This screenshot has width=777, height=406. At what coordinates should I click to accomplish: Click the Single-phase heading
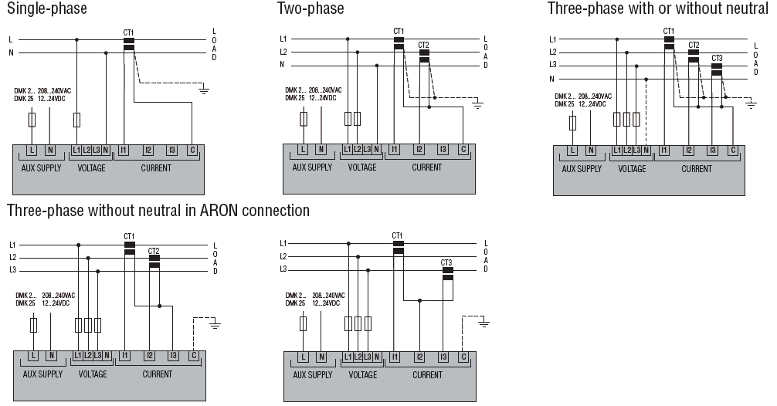pos(47,8)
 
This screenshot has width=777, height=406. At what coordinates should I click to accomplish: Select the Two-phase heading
pos(310,8)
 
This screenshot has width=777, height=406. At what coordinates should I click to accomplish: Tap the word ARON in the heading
pos(216,211)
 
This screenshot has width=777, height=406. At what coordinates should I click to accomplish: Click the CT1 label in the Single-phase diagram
pos(128,32)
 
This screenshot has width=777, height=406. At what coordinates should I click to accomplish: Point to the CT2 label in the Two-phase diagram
pos(423,45)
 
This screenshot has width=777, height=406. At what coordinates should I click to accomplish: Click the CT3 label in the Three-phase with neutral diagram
pos(717,59)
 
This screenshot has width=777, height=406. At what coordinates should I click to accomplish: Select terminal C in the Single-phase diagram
pos(192,150)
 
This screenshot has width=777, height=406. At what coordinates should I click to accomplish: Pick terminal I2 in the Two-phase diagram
pos(419,149)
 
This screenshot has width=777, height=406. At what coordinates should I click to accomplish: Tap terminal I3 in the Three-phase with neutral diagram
pos(713,150)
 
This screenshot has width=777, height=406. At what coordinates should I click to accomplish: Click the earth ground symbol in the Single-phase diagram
pos(203,90)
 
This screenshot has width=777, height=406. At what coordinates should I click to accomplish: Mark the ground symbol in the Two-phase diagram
pos(477,104)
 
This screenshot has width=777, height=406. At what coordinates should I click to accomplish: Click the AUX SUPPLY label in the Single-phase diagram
pos(41,167)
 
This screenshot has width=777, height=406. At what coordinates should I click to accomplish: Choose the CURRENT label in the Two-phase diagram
pos(426,167)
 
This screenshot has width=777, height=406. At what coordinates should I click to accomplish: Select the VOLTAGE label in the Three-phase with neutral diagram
pos(632,169)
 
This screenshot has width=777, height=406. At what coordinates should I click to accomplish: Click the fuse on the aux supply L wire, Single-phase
pos(32,120)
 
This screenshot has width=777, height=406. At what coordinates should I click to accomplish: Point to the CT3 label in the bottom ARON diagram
pos(446,263)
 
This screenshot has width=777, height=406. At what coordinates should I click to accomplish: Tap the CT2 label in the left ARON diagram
pos(154,251)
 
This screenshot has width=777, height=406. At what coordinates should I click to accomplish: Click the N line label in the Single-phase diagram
pos(11,53)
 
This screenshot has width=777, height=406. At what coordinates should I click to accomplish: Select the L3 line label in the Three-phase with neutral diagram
pos(552,65)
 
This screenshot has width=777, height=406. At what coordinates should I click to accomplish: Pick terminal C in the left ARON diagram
pos(194,356)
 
